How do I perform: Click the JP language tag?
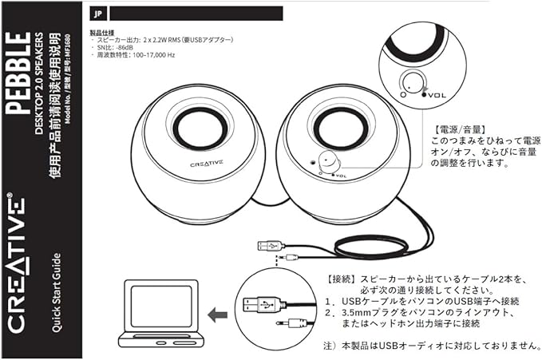click(97, 13)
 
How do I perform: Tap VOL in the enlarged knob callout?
click(434, 93)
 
